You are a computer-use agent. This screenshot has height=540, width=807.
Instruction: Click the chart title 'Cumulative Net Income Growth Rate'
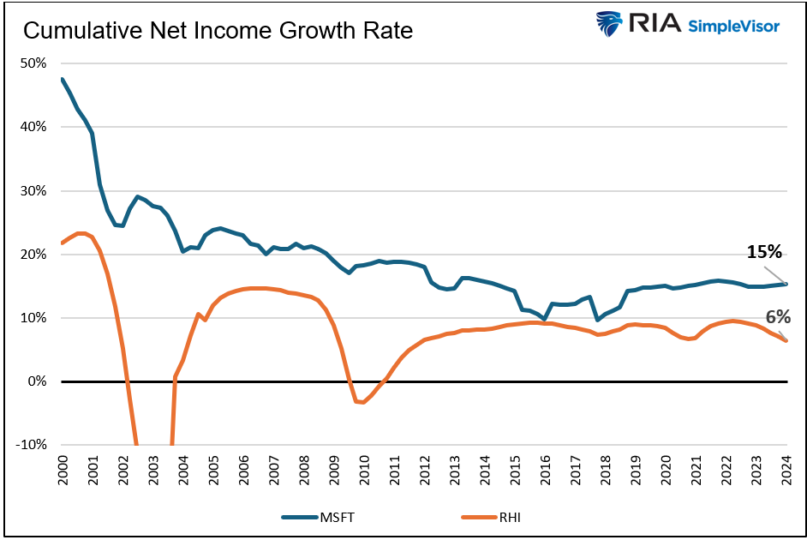218,32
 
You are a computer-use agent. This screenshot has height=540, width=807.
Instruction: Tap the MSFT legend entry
318,516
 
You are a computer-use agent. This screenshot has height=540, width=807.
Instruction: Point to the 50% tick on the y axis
34,63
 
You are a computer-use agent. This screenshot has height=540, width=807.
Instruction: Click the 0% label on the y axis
38,381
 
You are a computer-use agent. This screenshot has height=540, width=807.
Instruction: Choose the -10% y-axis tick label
33,445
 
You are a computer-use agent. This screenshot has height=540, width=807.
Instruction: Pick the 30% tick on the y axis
34,190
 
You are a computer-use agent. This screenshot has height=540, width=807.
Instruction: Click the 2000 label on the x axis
63,471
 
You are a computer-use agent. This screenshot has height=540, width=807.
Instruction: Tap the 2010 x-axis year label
364,471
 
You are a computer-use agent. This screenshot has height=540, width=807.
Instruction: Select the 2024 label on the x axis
786,471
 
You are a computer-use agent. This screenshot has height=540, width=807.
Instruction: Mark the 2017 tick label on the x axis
576,471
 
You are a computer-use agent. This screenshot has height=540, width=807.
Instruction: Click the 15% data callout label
764,252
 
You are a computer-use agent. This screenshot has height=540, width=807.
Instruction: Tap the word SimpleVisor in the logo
733,26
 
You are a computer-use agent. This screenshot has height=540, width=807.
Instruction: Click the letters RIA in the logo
655,24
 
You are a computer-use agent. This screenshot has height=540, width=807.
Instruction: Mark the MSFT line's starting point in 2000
63,79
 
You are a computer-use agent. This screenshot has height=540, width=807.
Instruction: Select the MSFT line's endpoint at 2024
786,284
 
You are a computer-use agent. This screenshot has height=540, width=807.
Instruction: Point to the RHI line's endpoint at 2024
786,340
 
